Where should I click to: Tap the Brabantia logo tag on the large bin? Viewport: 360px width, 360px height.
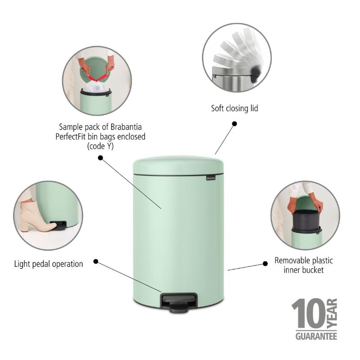tap(211, 178)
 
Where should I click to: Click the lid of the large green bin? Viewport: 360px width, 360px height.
tap(178, 165)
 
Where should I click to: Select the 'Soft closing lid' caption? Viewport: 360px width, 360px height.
tap(234, 108)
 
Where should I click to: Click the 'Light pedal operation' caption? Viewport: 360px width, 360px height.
tap(49, 264)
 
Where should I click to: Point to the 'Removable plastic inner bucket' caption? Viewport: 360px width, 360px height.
tap(303, 265)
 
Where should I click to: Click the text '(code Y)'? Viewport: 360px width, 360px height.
tap(100, 146)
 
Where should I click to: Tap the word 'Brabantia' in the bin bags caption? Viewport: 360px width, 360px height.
tap(126, 127)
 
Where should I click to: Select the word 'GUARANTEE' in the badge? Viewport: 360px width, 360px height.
tap(316, 336)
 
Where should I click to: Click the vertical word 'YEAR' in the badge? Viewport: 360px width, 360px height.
tap(332, 313)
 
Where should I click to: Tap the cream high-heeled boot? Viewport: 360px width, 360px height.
tap(36, 217)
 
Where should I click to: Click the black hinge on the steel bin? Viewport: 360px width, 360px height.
tap(256, 73)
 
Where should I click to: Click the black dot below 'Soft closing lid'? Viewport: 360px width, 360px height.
tap(234, 124)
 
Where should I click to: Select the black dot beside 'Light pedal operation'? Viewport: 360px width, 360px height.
tap(96, 261)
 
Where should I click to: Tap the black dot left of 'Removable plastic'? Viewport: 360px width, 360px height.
tap(265, 264)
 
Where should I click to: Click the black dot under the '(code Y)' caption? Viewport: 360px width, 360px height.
tap(100, 158)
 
